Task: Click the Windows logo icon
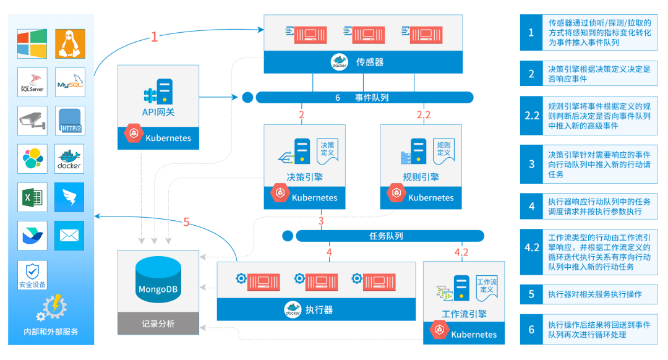coord(32,43)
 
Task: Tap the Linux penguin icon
coord(70,43)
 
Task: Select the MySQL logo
coord(70,83)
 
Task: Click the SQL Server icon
coord(32,83)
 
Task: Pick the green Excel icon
coord(32,198)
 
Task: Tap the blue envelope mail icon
coord(70,235)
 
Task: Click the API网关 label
coord(158,112)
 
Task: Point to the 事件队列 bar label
coord(372,98)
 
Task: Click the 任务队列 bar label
coord(386,236)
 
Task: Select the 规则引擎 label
coord(421,177)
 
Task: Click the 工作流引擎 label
coord(464,314)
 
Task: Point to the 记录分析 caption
coord(158,324)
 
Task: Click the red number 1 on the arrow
coord(155,37)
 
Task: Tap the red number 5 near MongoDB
coord(187,223)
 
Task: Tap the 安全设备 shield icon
coord(32,272)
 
